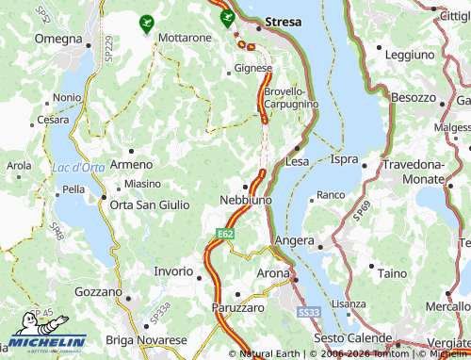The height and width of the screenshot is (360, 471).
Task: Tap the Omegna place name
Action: coord(58,38)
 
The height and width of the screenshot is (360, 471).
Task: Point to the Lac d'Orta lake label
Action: coord(78,168)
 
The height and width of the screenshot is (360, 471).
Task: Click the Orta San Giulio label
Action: coord(149,205)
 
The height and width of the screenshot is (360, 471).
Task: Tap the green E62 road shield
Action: coord(224,233)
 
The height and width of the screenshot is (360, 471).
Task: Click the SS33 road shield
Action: coord(307,311)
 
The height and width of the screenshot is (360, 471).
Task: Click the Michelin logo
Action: coord(47,341)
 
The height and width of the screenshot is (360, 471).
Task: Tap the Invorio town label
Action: coord(172,271)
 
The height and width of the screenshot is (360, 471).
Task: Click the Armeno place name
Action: coord(130,164)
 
